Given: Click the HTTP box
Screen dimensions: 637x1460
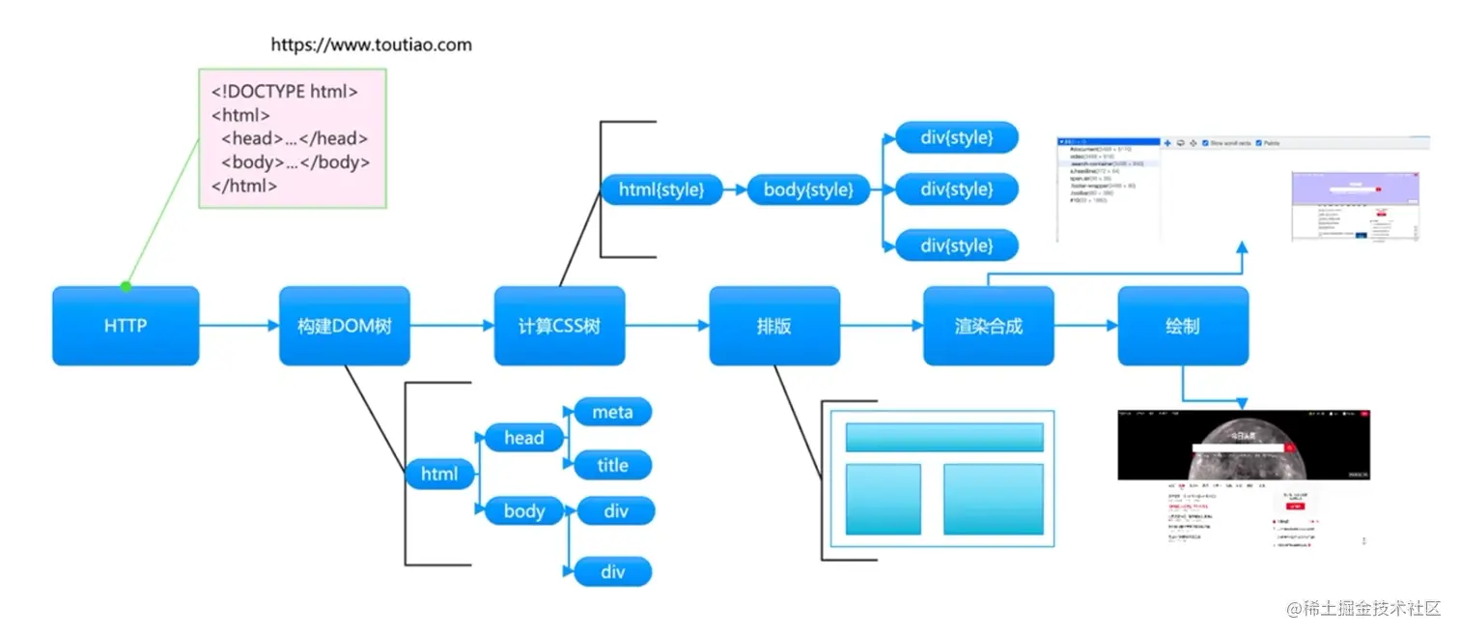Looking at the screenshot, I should coord(126,326).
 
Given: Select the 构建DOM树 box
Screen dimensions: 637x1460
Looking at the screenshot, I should coord(344,326).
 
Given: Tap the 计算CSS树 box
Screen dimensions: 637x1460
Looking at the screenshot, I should coord(559,326).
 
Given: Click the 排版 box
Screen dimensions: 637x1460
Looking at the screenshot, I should coord(774,326).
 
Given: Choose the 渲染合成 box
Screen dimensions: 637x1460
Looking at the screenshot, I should coord(988,326).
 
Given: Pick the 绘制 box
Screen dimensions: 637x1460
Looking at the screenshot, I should coord(1183,326).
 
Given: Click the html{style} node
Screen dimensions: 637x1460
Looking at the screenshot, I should coord(661,189).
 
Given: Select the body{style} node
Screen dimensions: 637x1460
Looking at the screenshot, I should coord(808,189).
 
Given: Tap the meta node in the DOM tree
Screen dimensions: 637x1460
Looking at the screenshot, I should coord(613,413).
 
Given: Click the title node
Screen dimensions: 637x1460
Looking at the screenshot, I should coord(613,465).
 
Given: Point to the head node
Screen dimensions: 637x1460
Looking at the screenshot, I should coord(524,438).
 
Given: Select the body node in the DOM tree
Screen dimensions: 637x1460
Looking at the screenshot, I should coord(524,510).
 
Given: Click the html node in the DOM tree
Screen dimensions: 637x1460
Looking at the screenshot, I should coord(440,475).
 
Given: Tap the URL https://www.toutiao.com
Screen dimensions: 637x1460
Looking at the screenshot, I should coord(371,44).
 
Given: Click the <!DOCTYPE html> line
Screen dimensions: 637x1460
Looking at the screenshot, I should coord(285,92).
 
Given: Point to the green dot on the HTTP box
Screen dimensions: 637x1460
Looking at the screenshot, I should coord(126,286).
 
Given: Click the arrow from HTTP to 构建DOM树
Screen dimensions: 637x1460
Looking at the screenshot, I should coord(239,326).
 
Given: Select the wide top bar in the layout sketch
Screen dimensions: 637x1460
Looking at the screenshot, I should coord(944,437).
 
